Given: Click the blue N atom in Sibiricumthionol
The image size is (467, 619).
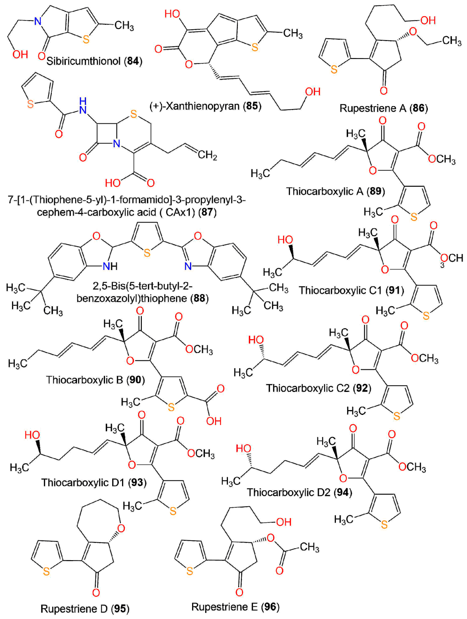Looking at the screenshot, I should pos(37,21).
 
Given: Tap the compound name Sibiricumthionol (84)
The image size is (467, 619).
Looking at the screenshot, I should pos(94,61).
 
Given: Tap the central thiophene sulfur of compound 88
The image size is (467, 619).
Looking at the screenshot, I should pos(147,253).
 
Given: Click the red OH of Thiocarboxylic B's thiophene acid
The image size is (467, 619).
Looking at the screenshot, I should pos(214,421).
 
